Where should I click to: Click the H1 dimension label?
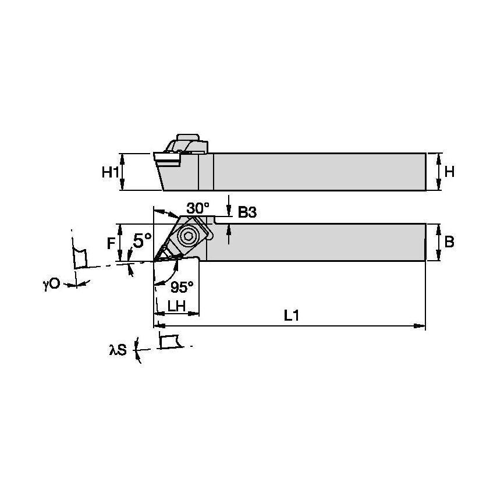tap(110, 172)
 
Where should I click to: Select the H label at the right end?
tap(449, 172)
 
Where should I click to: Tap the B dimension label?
tap(449, 242)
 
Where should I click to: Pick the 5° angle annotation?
tap(143, 240)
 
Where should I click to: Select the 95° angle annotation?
tap(182, 286)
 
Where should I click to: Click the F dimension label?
tap(111, 243)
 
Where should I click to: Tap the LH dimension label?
tap(176, 306)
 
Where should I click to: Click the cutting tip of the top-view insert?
tap(155, 260)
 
